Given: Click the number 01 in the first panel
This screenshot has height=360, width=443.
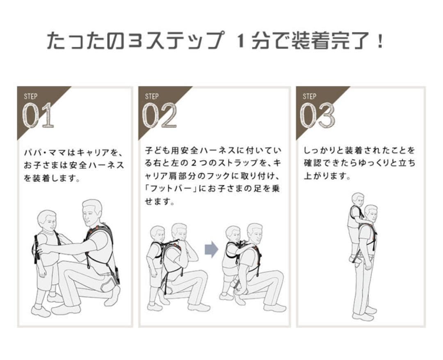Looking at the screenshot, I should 38,115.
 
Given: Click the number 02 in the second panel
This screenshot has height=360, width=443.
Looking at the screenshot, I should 160,115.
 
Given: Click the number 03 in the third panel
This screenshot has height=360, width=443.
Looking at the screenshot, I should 317,115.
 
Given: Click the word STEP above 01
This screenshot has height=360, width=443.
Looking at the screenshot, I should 30,96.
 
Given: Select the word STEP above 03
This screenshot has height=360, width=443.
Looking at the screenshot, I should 309,96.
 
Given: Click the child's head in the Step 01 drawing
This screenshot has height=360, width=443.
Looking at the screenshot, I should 47,221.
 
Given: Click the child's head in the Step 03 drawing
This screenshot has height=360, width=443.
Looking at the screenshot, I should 358,199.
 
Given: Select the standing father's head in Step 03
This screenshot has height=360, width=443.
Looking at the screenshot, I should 371,213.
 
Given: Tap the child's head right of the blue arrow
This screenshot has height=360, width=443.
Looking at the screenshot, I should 233,234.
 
